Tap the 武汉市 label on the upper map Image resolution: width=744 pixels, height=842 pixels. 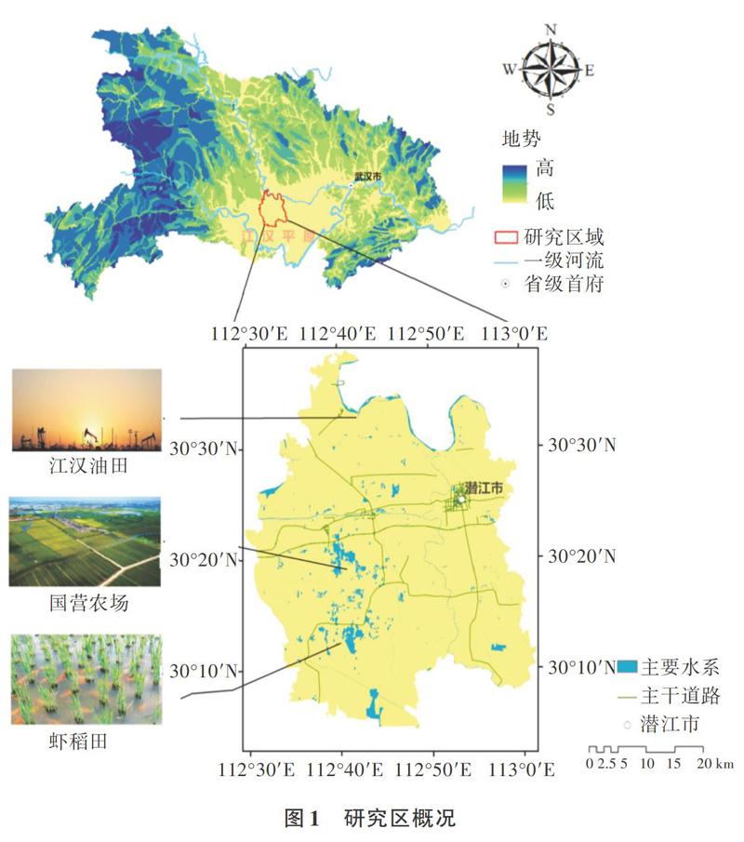click(x=368, y=175)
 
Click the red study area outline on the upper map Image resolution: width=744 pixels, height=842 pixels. click(x=270, y=209)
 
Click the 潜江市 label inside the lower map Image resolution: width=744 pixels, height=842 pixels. click(x=485, y=488)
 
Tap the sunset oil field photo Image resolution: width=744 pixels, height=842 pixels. click(x=86, y=409)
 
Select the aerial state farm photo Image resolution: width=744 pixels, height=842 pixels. click(x=85, y=541)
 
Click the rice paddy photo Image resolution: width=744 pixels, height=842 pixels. click(x=86, y=679)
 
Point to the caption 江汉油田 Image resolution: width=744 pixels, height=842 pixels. click(x=86, y=465)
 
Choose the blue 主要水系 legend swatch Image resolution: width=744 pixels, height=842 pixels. click(x=628, y=666)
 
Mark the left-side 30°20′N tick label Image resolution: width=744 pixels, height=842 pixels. click(x=204, y=559)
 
